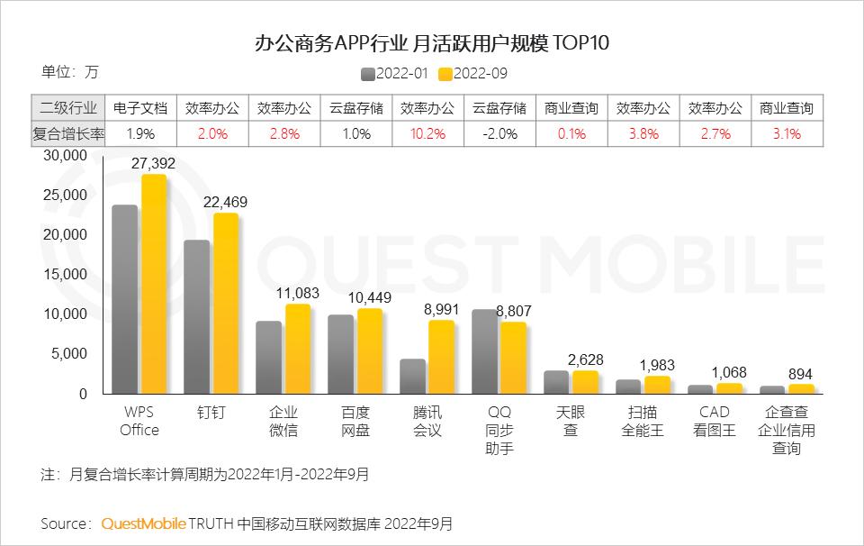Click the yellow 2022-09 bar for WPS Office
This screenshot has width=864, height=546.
tap(154, 284)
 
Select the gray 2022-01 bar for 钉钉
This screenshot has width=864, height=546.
tap(197, 317)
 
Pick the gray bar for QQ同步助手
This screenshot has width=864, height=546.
tap(484, 351)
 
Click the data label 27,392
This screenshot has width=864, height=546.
tap(153, 163)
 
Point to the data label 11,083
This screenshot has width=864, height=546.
tap(298, 293)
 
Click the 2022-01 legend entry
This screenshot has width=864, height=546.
tap(397, 74)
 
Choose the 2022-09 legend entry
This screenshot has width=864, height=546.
tap(473, 74)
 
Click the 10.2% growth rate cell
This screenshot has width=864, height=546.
tap(427, 133)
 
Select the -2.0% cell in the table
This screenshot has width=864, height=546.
tap(499, 133)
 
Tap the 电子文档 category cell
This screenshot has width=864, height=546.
tap(140, 108)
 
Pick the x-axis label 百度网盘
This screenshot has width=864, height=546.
tap(355, 421)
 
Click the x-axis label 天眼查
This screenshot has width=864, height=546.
tap(571, 421)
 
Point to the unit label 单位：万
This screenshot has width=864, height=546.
tap(69, 71)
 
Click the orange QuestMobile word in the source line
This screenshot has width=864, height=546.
tap(144, 523)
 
